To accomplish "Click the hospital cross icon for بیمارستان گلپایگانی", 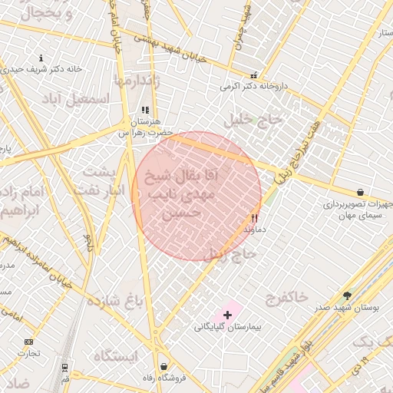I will click(227, 315).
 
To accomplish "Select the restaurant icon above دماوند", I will click(254, 218).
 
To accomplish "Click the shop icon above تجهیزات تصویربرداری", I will click(360, 192).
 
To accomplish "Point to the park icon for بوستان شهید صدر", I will click(347, 295).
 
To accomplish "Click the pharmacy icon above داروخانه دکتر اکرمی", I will click(253, 75).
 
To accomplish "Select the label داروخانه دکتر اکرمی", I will click(253, 87).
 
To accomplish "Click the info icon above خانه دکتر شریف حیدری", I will click(41, 58).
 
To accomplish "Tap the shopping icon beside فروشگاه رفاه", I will click(163, 366).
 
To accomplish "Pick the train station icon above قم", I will click(64, 367).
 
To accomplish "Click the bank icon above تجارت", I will click(29, 342).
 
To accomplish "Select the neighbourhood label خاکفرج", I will click(286, 296).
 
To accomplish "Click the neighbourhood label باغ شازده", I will click(114, 299).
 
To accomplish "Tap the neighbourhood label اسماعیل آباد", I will click(75, 98).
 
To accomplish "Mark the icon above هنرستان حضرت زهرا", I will click(144, 111).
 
